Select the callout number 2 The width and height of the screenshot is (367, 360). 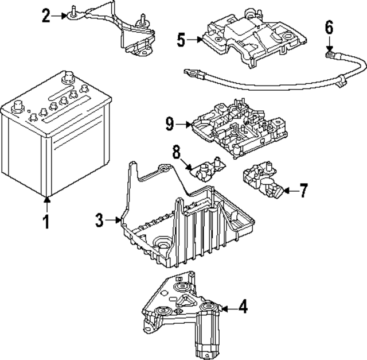pyautogui.click(x=46, y=16)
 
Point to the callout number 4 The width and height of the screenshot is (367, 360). pyautogui.click(x=243, y=308)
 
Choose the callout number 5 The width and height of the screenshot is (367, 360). pyautogui.click(x=182, y=40)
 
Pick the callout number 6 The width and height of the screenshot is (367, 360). pyautogui.click(x=329, y=26)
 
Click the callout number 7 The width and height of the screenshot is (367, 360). pyautogui.click(x=303, y=190)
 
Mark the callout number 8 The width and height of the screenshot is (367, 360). pyautogui.click(x=177, y=152)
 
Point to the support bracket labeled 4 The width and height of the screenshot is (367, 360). pyautogui.click(x=183, y=310)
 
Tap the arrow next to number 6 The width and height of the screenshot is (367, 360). pyautogui.click(x=329, y=46)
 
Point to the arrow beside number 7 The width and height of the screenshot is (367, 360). pyautogui.click(x=287, y=190)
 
